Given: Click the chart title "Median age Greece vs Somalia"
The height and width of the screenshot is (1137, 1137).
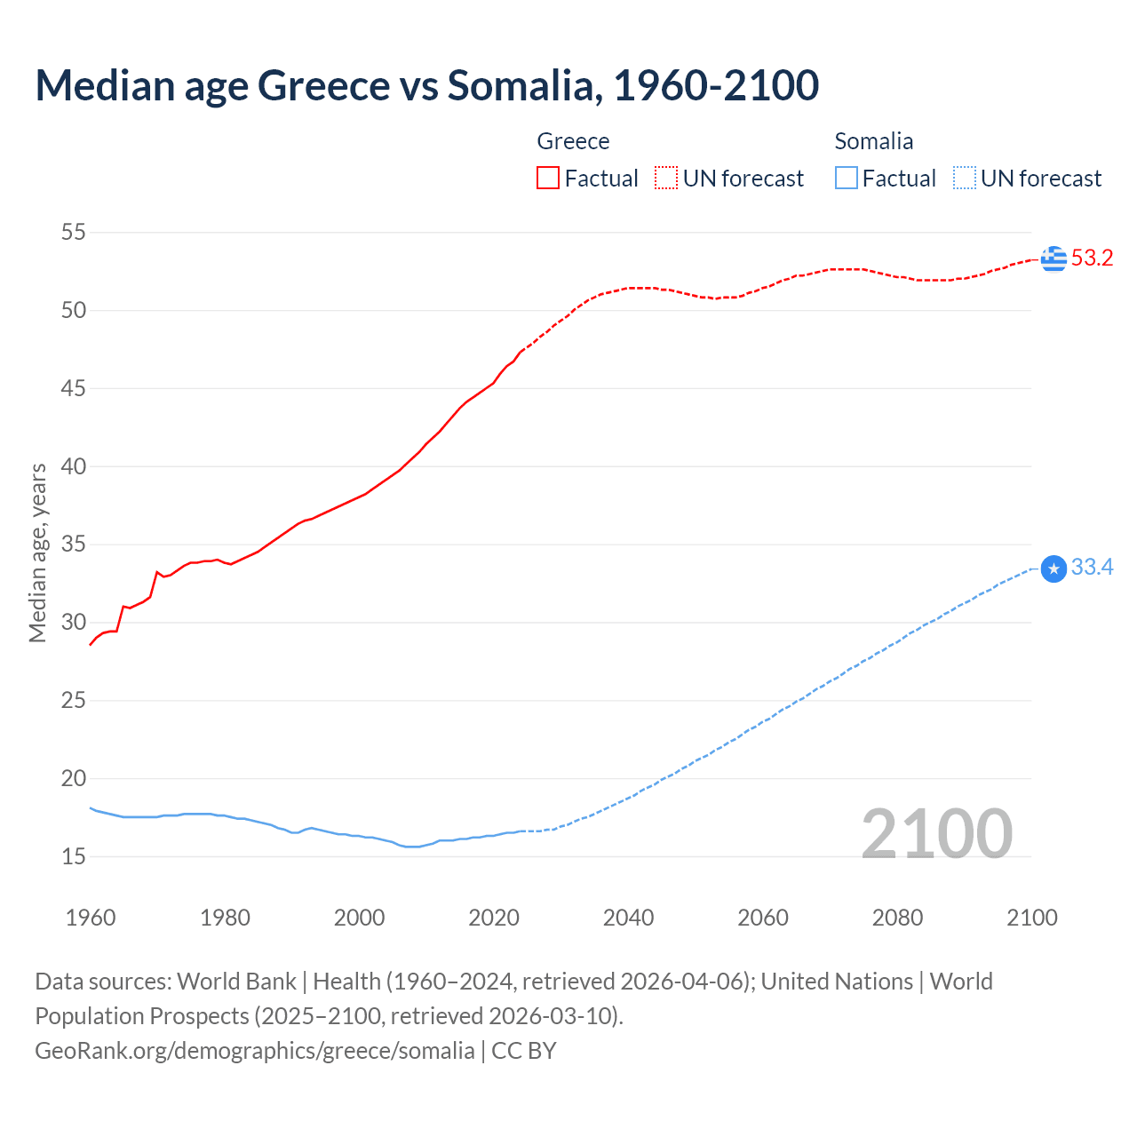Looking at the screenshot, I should pyautogui.click(x=426, y=85).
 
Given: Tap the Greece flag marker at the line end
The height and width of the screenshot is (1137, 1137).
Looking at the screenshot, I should pyautogui.click(x=1054, y=258).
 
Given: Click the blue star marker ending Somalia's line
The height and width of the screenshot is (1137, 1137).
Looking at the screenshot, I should pyautogui.click(x=1054, y=568).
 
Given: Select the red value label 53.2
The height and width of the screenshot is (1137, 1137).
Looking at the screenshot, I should pyautogui.click(x=1092, y=258).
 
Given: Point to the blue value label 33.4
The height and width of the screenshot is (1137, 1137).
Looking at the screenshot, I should pyautogui.click(x=1092, y=568).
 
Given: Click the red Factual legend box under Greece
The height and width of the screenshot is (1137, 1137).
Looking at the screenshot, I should pyautogui.click(x=548, y=179).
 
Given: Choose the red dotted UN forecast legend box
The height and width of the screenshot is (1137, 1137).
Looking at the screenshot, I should pyautogui.click(x=666, y=179).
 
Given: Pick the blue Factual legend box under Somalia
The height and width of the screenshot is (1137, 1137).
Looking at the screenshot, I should pyautogui.click(x=847, y=179).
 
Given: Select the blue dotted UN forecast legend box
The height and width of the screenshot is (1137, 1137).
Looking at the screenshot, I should pyautogui.click(x=964, y=179).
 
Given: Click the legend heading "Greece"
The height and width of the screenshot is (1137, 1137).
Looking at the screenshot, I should pyautogui.click(x=573, y=141).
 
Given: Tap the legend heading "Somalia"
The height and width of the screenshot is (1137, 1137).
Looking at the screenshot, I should pyautogui.click(x=873, y=141).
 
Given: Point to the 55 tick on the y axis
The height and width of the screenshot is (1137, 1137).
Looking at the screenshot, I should pyautogui.click(x=74, y=233).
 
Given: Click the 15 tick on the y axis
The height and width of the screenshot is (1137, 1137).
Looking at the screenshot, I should pyautogui.click(x=74, y=856).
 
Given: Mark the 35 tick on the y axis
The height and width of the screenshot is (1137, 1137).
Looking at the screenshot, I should pyautogui.click(x=74, y=545).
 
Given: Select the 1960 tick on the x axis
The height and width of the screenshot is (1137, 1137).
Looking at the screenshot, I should pyautogui.click(x=91, y=918).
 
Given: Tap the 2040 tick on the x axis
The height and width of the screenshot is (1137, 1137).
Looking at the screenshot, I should pyautogui.click(x=628, y=918).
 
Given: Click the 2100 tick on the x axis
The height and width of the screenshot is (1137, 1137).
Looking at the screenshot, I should pyautogui.click(x=1031, y=918).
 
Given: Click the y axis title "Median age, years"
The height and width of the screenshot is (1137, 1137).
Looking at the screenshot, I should pyautogui.click(x=38, y=553).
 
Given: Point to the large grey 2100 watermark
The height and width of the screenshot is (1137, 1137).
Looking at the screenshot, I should pyautogui.click(x=936, y=833).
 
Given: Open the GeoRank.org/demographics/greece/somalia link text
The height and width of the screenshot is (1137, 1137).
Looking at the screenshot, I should pyautogui.click(x=255, y=1051).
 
